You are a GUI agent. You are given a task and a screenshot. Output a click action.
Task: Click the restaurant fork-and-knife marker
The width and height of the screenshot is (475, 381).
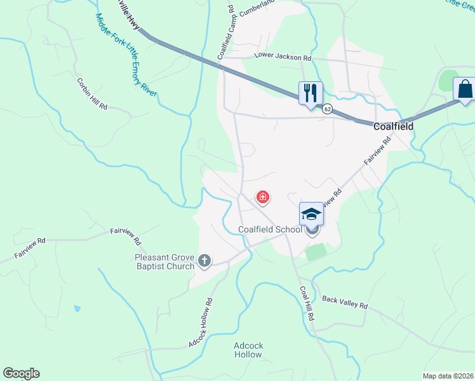(311, 93)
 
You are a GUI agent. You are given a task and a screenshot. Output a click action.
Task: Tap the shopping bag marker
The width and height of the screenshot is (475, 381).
(465, 89)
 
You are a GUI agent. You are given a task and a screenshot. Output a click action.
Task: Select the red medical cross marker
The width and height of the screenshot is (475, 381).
(262, 198)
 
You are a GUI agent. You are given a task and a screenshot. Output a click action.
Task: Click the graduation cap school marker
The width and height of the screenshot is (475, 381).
(311, 214)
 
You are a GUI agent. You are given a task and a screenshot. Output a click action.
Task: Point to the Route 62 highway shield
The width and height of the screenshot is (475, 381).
(327, 109)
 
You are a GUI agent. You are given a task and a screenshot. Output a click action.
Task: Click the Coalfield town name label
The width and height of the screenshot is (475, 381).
(393, 126)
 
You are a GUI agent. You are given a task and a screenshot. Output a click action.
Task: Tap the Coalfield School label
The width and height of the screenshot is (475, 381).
(270, 230)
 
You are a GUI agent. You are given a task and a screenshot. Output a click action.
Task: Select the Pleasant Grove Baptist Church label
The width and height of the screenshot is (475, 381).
(164, 262)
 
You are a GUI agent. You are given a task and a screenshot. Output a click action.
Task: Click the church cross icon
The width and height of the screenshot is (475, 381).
(204, 260)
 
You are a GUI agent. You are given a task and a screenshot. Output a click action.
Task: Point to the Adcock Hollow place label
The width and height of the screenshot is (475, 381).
(248, 350)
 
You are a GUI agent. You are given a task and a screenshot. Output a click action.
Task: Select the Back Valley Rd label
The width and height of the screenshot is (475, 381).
(345, 302)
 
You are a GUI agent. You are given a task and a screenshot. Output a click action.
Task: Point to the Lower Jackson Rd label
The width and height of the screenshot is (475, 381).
(283, 57)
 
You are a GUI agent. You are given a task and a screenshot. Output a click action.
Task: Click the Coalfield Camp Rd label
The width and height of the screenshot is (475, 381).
(226, 31)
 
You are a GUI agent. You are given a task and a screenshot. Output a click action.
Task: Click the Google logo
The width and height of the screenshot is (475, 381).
(21, 373)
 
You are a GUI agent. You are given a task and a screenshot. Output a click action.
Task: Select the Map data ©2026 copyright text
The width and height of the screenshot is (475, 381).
(448, 376)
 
